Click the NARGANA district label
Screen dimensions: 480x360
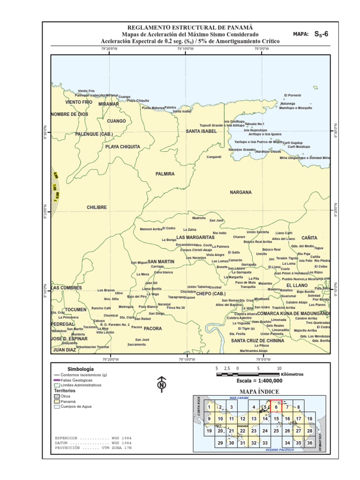point(240,192)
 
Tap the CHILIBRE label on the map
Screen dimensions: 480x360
point(97,207)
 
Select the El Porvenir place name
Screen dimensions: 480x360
point(292,95)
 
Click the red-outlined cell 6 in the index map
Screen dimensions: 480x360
point(276,407)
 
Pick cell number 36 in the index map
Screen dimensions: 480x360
point(309,442)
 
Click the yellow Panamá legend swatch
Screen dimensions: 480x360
point(56,401)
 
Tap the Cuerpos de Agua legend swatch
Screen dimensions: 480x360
point(56,406)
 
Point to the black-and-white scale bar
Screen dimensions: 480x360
point(248,375)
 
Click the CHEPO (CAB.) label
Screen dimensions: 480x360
point(210,293)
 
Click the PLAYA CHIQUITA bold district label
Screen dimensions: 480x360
point(122,147)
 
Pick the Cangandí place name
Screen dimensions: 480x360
point(214,157)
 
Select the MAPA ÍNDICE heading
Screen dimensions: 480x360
point(259,391)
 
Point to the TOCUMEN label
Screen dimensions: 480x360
point(75,310)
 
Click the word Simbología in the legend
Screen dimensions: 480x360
point(81,369)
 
